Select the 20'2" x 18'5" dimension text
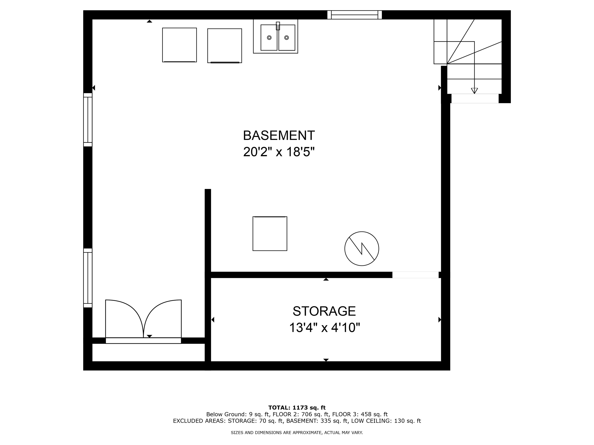[279, 152]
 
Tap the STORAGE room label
[324, 311]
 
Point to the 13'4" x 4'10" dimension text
[324, 328]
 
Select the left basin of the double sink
[269, 37]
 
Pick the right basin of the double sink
[287, 37]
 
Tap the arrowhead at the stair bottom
[474, 91]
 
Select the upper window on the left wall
[88, 120]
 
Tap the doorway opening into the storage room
[415, 275]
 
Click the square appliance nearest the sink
[224, 46]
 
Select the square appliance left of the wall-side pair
[179, 45]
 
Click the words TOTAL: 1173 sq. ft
[297, 408]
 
